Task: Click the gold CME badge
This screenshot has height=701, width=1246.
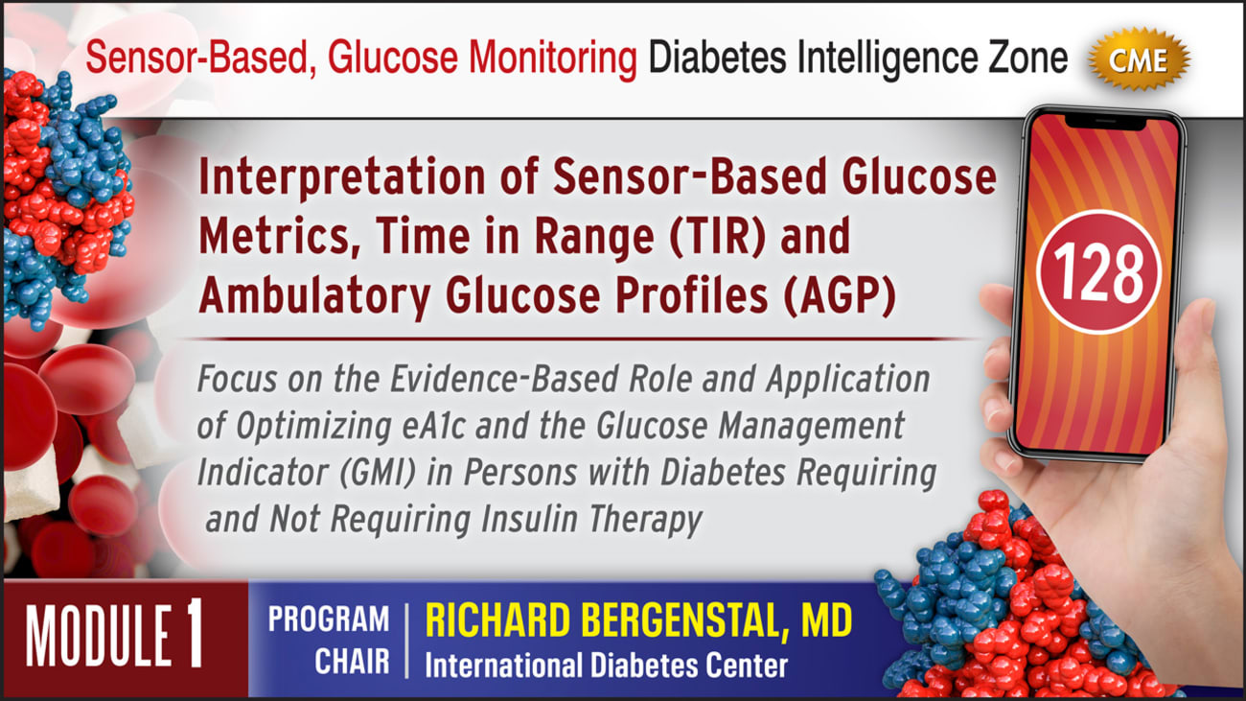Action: click(1140, 60)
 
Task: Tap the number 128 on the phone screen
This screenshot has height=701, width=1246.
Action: click(1099, 272)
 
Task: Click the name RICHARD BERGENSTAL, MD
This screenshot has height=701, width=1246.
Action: click(638, 620)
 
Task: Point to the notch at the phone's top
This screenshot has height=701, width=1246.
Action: click(1100, 120)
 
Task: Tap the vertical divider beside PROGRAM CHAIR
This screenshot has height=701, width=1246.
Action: click(406, 640)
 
